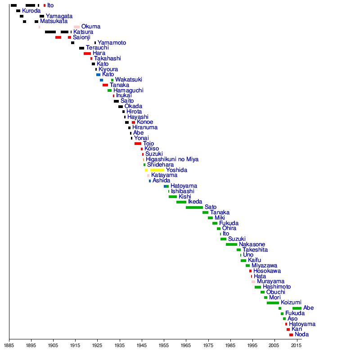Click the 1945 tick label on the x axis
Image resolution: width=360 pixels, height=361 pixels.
pos(141,346)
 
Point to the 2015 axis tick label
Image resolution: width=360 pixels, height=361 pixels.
pos(296,346)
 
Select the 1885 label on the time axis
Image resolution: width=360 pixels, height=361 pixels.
pos(9,346)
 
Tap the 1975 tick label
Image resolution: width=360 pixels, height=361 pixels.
pos(208,346)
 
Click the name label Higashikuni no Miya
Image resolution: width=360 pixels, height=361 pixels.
pos(172,159)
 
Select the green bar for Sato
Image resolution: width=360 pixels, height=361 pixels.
pos(194,208)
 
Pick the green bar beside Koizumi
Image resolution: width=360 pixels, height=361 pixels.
pos(273,303)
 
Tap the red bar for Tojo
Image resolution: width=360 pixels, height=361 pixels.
pos(138,144)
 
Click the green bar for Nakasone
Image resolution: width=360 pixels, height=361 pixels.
pos(231,244)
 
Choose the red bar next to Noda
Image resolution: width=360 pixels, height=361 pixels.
pos(291,335)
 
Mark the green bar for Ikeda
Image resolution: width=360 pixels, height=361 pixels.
pos(181,202)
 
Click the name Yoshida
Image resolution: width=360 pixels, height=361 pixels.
pos(176,170)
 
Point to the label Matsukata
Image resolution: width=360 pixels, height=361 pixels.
pos(54,21)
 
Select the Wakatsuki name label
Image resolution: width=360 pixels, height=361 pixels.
pos(128,80)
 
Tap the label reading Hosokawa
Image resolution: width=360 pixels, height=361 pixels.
pos(267,271)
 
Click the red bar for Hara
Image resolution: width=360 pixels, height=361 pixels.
pos(87,54)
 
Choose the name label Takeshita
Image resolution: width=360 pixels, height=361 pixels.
pos(255,250)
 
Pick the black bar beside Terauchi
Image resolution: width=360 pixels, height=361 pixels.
pos(82,48)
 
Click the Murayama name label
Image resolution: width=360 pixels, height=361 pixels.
pos(270,282)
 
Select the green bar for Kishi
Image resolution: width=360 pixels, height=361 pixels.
pos(173,197)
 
